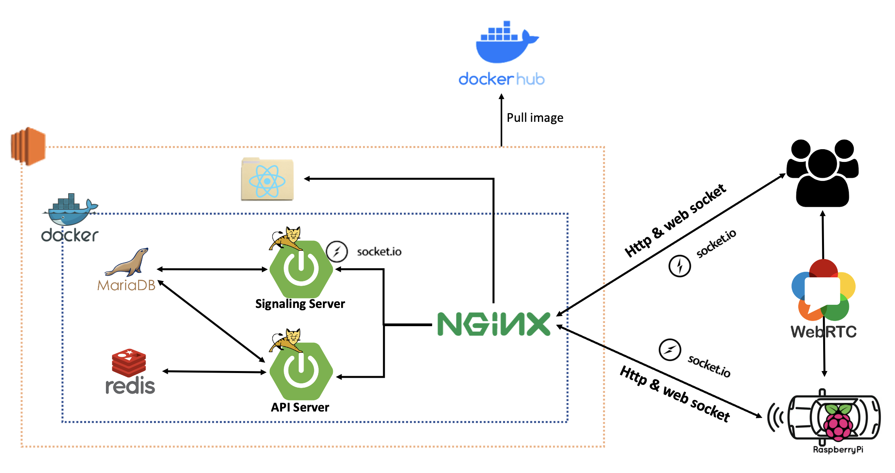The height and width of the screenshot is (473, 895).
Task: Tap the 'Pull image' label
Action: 535,118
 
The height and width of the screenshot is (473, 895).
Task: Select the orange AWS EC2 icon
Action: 28,146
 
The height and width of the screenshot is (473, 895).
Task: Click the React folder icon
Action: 267,180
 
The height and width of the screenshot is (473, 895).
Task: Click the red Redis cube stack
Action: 129,363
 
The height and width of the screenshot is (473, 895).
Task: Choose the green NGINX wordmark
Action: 494,324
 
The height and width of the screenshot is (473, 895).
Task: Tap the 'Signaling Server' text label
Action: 300,304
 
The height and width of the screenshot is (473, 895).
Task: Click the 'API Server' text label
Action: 300,408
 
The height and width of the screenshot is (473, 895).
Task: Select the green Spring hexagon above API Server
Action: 301,371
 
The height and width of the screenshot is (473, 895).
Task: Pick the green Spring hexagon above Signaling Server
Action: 301,269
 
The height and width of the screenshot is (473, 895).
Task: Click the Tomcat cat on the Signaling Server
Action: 286,238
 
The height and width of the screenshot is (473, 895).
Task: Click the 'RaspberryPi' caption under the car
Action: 838,450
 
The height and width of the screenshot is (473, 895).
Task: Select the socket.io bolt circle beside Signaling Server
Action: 337,252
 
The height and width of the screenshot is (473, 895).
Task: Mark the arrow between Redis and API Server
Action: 214,372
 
